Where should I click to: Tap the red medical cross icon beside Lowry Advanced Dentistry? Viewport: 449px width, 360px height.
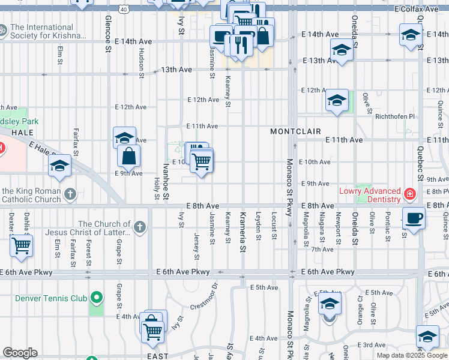coord(409,194)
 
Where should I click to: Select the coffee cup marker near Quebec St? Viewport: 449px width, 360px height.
coord(414,218)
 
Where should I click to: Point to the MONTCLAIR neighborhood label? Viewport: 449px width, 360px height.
coord(295,131)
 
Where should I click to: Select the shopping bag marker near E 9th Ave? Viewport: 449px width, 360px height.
coord(129,157)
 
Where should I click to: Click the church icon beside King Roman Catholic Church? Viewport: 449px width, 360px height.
coord(71,194)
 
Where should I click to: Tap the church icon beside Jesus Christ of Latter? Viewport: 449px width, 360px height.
coord(140,227)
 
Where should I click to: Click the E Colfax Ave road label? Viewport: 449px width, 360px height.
coord(421,10)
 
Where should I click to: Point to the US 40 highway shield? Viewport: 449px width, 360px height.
coord(123,10)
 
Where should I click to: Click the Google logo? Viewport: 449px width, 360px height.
coord(20,353)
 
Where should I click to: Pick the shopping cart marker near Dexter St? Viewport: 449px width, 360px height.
coord(22,245)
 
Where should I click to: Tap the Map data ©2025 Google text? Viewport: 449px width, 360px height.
coord(411,355)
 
